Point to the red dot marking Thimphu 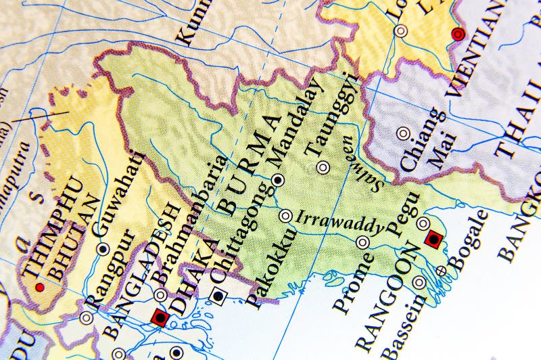point(39,288)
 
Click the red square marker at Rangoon point(433,238)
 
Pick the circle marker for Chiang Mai point(404,133)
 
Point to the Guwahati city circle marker point(103,248)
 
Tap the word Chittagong point(240,244)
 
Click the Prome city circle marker point(363,242)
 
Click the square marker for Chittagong point(218,294)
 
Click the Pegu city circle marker point(423,223)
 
